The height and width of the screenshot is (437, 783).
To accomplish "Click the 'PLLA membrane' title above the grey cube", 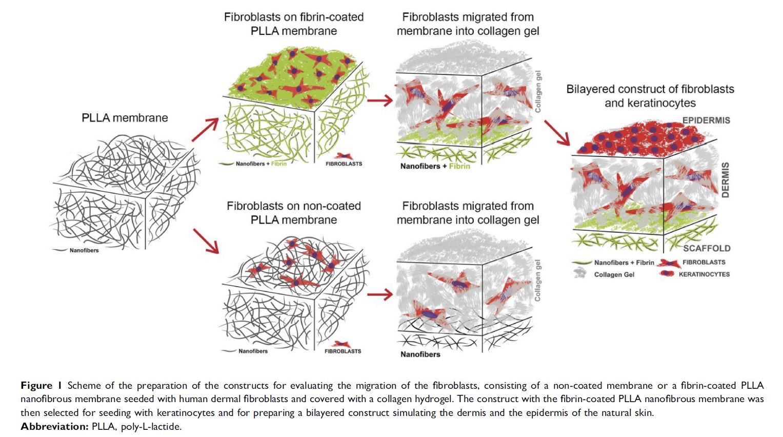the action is [x=125, y=118].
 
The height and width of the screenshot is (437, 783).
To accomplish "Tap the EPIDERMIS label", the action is [x=706, y=120].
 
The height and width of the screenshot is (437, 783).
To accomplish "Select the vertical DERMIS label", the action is [x=726, y=180].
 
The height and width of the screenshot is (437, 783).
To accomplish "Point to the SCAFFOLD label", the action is [x=707, y=248].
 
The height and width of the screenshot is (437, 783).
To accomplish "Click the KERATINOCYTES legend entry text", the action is [x=704, y=274].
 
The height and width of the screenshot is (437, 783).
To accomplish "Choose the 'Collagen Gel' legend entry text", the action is [x=614, y=275].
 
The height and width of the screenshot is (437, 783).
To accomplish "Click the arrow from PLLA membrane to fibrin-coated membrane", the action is [x=205, y=130].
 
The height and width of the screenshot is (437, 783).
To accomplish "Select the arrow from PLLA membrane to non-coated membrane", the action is [x=206, y=241].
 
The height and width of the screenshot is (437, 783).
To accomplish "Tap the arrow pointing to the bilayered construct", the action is [x=557, y=133].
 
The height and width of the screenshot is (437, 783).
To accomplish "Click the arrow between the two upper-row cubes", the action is [x=380, y=101].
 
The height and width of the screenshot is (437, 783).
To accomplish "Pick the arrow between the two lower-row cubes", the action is [x=380, y=294].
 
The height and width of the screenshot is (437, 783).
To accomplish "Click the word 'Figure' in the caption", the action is [x=36, y=385].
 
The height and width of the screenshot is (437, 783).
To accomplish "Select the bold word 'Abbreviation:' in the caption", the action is [x=54, y=426].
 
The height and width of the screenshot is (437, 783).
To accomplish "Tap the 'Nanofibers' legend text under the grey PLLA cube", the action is [x=84, y=250].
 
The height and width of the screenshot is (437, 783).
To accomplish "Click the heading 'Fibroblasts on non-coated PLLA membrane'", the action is [x=294, y=212].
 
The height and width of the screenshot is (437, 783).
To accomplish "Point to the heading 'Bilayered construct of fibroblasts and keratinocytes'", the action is [x=650, y=96].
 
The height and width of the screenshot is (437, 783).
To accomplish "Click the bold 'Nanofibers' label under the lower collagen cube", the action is [x=420, y=354].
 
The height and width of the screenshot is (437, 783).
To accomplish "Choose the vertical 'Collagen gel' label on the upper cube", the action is [x=538, y=92].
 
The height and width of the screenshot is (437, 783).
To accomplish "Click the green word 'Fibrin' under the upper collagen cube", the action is [x=459, y=166].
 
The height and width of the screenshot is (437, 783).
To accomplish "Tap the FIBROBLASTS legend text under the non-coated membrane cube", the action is [x=343, y=351].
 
